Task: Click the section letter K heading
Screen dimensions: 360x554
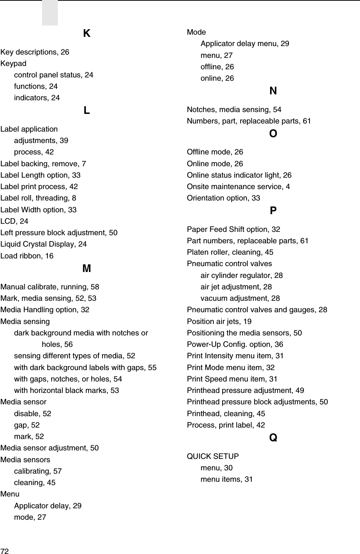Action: click(x=87, y=34)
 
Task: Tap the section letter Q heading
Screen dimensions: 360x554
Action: click(x=273, y=438)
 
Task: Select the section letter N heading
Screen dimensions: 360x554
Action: click(x=273, y=91)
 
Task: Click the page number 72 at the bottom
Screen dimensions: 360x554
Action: click(x=4, y=551)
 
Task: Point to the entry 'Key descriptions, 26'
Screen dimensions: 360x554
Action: click(x=35, y=52)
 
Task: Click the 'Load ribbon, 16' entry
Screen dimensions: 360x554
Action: click(x=27, y=256)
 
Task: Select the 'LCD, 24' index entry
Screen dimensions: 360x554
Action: click(x=14, y=221)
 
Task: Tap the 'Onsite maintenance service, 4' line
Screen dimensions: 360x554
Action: click(x=238, y=187)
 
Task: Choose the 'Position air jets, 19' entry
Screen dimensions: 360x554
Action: click(x=219, y=321)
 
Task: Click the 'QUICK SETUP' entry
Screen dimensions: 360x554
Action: click(x=213, y=456)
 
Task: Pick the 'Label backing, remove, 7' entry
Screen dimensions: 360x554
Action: click(x=43, y=164)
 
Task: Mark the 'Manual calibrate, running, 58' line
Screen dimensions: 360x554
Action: click(x=50, y=287)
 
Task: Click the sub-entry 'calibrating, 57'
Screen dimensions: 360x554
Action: click(x=38, y=471)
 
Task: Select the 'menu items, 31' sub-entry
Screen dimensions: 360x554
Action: click(x=227, y=479)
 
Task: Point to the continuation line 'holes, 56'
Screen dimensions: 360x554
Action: click(x=57, y=344)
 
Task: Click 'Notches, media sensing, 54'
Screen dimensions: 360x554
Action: click(x=234, y=109)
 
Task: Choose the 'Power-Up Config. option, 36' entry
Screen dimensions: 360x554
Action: click(x=235, y=344)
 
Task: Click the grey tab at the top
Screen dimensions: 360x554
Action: click(x=50, y=13)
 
